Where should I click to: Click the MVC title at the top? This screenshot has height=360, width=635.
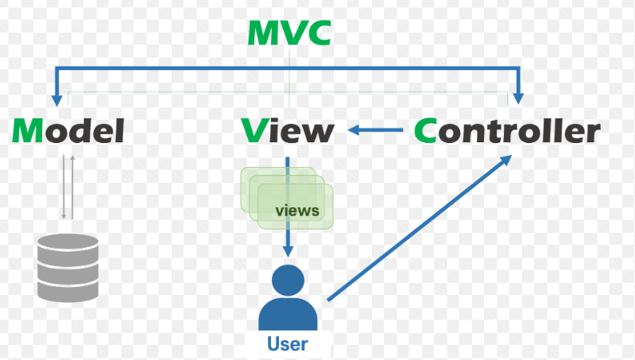[288, 33]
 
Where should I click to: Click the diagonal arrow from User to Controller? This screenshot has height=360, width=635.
[417, 228]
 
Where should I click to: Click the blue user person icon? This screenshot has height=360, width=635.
[287, 298]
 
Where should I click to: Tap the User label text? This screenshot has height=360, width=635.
[287, 344]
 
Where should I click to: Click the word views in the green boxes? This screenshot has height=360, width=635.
[296, 211]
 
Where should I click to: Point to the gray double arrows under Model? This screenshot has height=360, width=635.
[68, 188]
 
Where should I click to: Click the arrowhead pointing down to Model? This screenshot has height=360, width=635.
[56, 99]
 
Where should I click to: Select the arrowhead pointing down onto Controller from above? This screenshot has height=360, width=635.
[518, 99]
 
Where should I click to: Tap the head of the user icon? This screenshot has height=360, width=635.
[287, 279]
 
